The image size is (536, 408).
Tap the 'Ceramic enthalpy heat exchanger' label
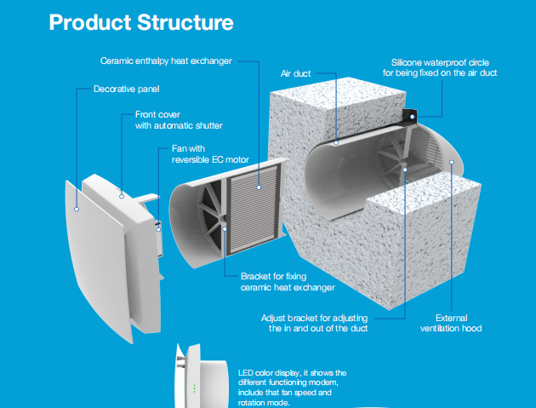coord(166,60)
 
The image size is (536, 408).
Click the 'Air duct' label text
coord(296,74)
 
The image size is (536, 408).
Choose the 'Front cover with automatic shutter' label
coord(178,119)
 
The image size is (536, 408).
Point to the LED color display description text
coord(294,388)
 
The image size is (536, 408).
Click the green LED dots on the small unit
coord(195,388)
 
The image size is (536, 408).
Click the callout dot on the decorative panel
coord(77,207)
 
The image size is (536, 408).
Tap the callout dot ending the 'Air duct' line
coord(338,142)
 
